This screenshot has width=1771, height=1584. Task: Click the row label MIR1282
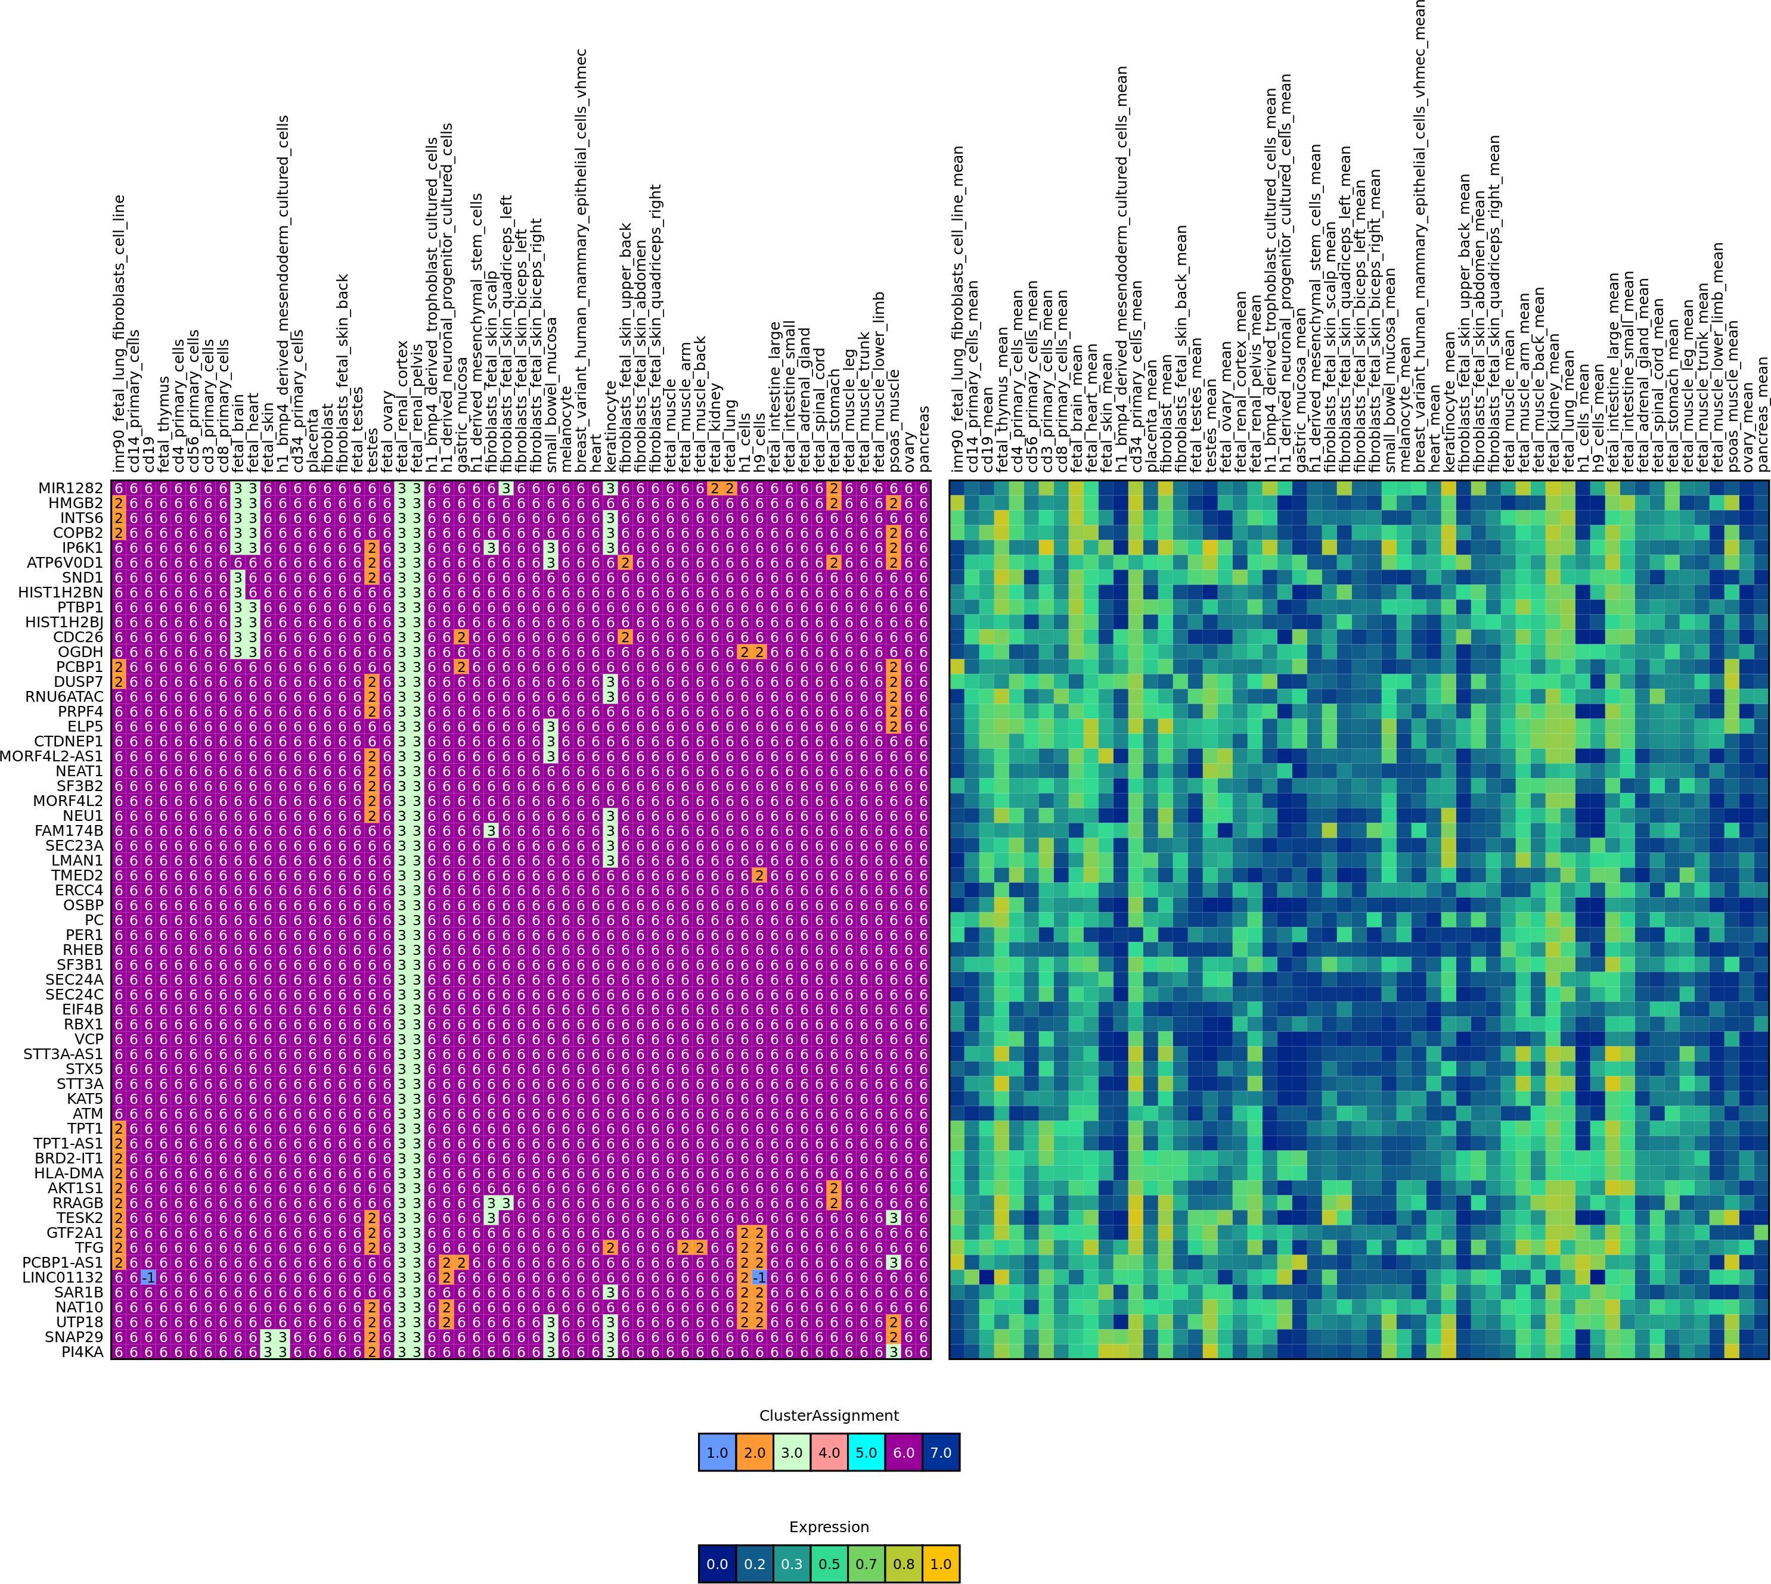point(70,488)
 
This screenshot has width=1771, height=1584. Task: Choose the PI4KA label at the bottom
point(82,1352)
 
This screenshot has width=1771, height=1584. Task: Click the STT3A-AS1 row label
point(63,1054)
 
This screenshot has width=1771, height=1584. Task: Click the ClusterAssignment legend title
point(829,1416)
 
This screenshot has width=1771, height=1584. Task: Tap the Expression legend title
point(829,1527)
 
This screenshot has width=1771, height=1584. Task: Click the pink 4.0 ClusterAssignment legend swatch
point(829,1452)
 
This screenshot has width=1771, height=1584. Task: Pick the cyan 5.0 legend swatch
point(866,1452)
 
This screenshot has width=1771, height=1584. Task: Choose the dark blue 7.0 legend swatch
point(941,1452)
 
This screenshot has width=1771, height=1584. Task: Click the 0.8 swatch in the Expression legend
point(904,1564)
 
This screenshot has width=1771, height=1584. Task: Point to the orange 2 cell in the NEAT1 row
point(373,771)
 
